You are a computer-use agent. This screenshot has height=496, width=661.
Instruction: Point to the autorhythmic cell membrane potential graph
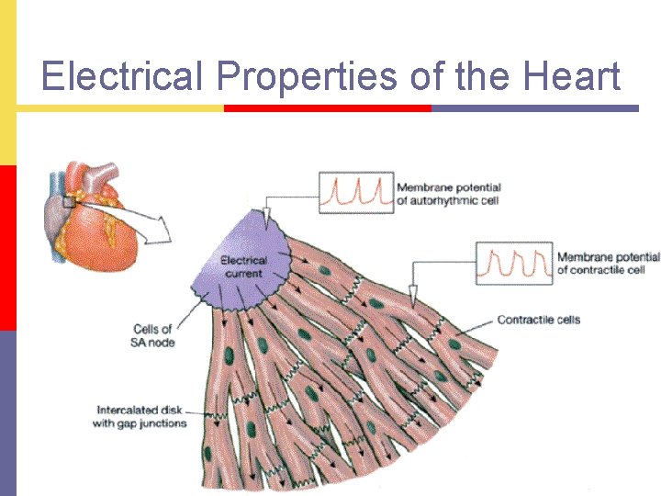pos(356,193)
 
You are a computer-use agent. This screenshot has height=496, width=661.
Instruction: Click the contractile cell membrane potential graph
pos(514,264)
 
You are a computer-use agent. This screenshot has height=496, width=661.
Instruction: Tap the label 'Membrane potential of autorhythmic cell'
pos(448,195)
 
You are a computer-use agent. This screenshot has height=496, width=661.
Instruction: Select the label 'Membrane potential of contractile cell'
pos(608,264)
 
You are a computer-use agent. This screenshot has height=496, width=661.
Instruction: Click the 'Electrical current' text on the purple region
pos(243,266)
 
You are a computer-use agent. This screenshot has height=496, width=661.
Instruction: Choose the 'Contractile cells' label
pos(538,320)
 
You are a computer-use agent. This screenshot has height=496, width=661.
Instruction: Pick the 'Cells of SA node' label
pos(153,335)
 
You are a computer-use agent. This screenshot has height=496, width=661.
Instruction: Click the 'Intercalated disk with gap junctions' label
pos(140,416)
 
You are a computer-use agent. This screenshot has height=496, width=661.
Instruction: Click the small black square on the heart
pos(69,202)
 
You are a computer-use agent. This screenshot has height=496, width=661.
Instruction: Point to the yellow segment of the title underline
pos(119,107)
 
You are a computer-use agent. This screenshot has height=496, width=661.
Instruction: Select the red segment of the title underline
pos(328,107)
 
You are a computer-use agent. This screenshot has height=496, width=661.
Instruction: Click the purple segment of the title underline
pos(534,107)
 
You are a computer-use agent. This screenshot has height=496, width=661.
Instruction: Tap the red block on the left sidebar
pos(7,247)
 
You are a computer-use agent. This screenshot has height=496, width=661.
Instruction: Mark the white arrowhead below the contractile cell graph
pos(412,296)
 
